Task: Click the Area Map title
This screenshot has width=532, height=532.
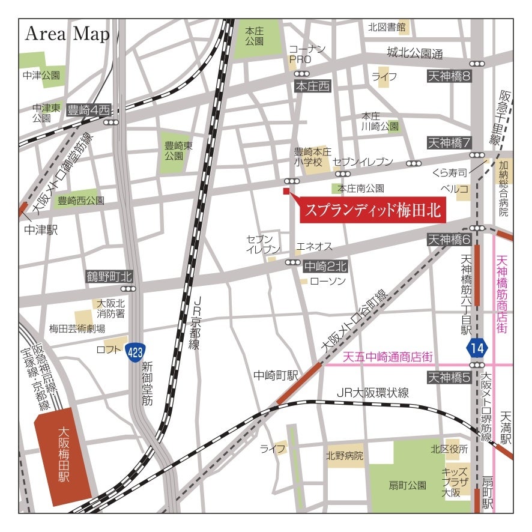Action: [67, 34]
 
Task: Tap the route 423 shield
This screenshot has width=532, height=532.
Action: [135, 352]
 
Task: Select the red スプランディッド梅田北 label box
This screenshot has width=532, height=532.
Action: [372, 210]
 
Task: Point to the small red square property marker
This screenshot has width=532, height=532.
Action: [286, 191]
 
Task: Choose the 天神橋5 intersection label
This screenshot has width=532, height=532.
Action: [449, 378]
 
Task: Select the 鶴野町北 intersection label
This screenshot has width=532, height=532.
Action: [108, 277]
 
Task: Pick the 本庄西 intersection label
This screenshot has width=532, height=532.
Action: [313, 86]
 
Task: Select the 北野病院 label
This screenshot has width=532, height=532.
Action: [345, 456]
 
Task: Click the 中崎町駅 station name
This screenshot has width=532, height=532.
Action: [276, 376]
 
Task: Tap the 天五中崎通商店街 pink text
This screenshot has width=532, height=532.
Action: [388, 357]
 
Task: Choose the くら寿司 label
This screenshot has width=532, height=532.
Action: [450, 173]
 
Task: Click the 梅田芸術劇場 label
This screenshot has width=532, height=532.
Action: [77, 328]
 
